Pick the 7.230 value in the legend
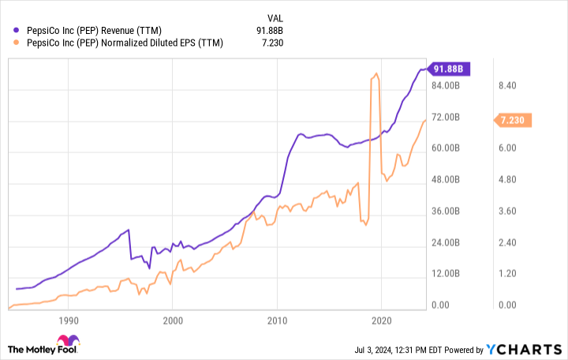pyautogui.click(x=272, y=43)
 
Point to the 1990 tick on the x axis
pyautogui.click(x=69, y=321)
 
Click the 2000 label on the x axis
pyautogui.click(x=173, y=321)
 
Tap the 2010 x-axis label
pyautogui.click(x=277, y=321)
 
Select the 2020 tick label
pyautogui.click(x=381, y=321)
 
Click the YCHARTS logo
pyautogui.click(x=524, y=349)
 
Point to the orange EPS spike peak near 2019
pyautogui.click(x=376, y=74)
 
